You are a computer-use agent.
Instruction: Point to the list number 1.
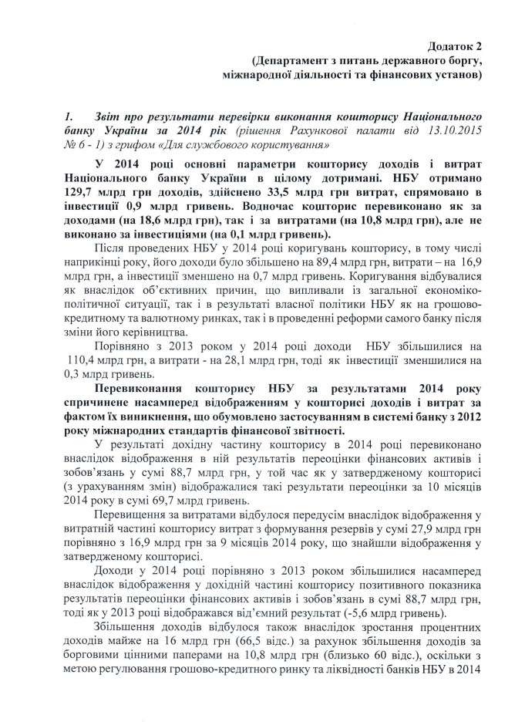[69, 114]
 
